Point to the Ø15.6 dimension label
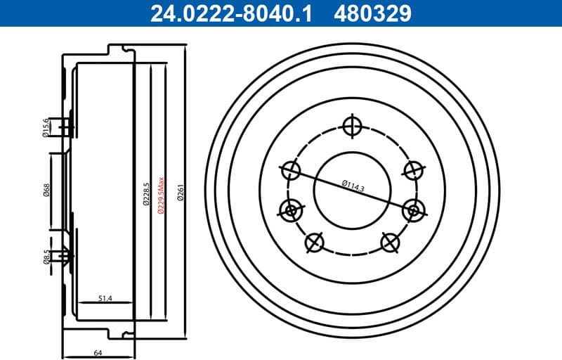click(x=46, y=127)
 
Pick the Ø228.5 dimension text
click(x=146, y=195)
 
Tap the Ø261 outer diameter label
click(x=181, y=195)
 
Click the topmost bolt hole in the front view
click(x=351, y=127)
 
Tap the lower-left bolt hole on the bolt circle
click(x=314, y=242)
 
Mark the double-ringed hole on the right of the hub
click(x=412, y=209)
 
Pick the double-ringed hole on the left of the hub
click(x=290, y=209)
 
